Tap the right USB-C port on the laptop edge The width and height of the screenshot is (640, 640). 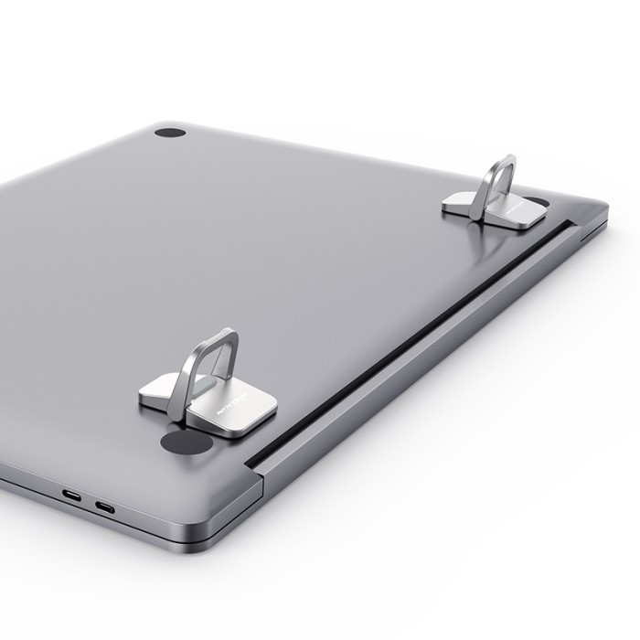(105, 506)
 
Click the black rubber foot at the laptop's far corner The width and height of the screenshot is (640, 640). (170, 133)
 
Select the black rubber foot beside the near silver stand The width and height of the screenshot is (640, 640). (186, 443)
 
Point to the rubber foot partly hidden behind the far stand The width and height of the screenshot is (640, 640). (539, 202)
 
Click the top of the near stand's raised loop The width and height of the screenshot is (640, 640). (219, 336)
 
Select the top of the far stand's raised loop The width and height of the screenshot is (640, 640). (502, 160)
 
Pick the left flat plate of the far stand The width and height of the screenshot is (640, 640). (459, 203)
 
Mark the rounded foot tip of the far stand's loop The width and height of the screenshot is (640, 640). (475, 214)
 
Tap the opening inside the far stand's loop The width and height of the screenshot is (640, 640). (498, 183)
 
